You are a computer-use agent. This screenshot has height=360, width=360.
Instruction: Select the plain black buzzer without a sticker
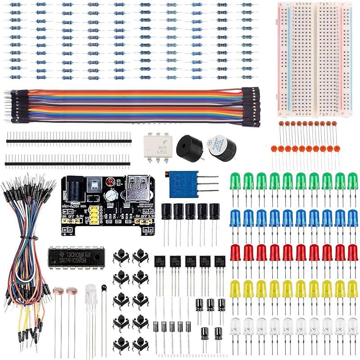click(x=189, y=146)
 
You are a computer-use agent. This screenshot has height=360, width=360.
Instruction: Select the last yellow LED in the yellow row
click(x=352, y=288)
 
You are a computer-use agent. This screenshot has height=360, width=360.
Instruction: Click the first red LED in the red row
click(x=235, y=253)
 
